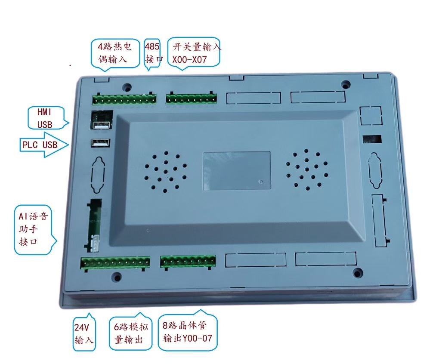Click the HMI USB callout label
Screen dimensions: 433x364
(x=47, y=118)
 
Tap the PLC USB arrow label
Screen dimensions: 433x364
(x=43, y=145)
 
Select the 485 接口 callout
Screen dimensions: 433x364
(x=152, y=53)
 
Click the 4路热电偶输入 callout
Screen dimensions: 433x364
(x=115, y=53)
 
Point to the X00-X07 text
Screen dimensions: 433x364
(x=189, y=59)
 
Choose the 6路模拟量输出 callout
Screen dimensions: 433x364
(x=130, y=332)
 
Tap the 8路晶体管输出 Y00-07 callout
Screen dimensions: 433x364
(x=188, y=331)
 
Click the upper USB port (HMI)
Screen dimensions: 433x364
(x=101, y=125)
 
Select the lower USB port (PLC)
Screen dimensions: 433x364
(x=101, y=143)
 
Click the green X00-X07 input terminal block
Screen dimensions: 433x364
(x=191, y=98)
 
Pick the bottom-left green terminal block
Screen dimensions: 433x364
(x=115, y=263)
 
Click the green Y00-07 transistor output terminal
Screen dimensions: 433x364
(x=188, y=262)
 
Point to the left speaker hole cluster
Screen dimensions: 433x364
(x=165, y=171)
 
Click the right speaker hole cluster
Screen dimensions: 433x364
(x=307, y=170)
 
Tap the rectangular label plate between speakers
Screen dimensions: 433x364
(x=237, y=170)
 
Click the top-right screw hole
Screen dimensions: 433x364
(x=345, y=84)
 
